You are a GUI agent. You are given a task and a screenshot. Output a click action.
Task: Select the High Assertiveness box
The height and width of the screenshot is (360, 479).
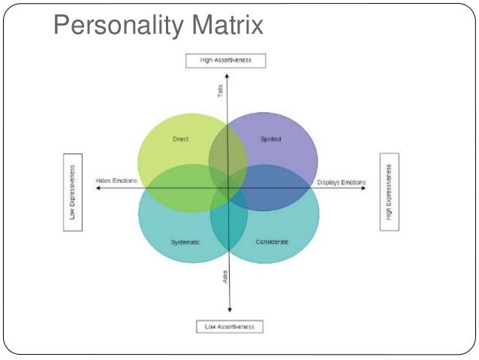click(x=225, y=61)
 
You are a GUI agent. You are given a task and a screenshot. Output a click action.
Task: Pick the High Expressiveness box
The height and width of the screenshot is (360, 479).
click(x=389, y=182)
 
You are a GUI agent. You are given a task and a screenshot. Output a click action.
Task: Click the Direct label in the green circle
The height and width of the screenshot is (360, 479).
click(x=180, y=139)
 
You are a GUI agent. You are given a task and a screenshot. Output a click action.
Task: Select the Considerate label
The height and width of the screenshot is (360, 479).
click(x=271, y=241)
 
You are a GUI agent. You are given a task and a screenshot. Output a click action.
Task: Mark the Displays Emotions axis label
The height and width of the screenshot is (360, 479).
click(x=340, y=182)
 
